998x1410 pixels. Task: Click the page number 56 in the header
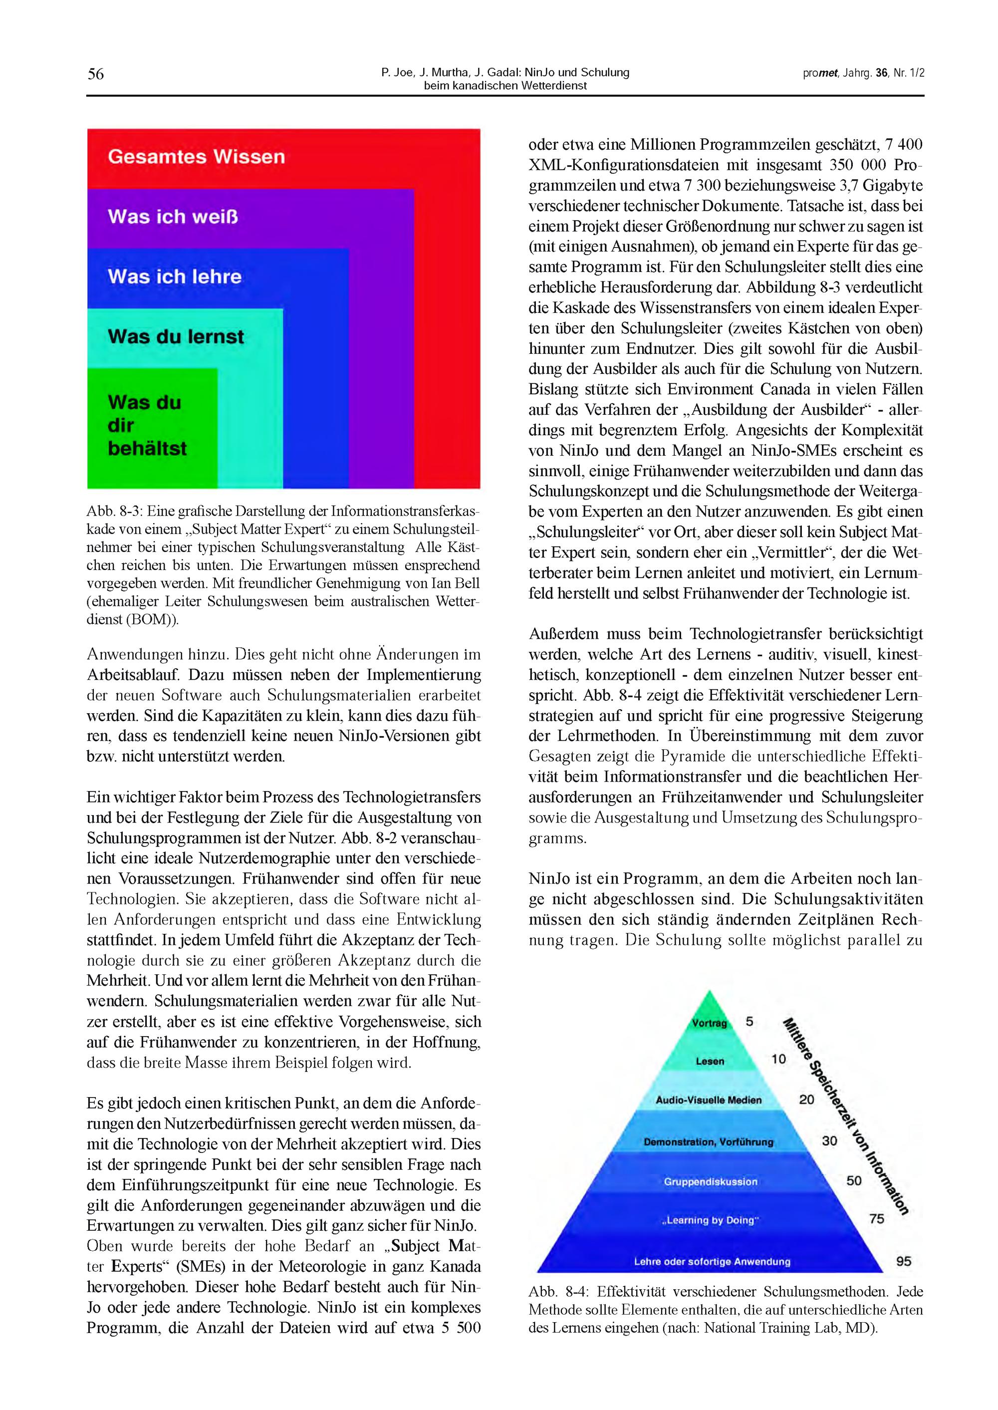click(95, 74)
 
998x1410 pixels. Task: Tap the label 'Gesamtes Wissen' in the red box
click(196, 157)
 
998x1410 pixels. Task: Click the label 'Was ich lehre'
click(175, 277)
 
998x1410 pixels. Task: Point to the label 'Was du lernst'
click(176, 337)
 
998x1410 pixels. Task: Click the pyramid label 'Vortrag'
click(709, 1023)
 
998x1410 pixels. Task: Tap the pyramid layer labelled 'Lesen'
click(710, 1062)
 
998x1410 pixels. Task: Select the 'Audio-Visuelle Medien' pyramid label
click(709, 1100)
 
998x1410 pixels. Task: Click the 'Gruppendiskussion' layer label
click(711, 1181)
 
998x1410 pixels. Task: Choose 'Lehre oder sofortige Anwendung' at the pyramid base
click(712, 1261)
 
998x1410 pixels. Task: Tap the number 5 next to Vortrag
click(749, 1022)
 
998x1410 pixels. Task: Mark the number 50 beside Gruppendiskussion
click(854, 1180)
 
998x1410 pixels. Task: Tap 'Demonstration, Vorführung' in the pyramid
click(709, 1142)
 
